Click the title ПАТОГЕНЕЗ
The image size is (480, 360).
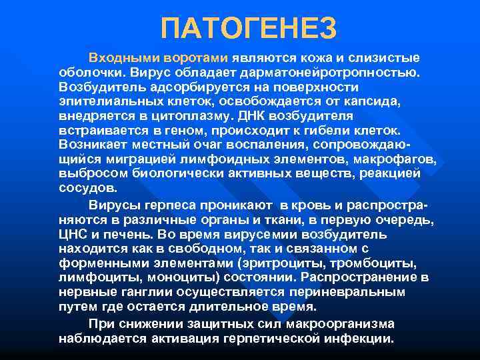click(x=249, y=27)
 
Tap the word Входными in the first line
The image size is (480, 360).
click(x=118, y=58)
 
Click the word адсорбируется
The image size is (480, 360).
click(x=195, y=87)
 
